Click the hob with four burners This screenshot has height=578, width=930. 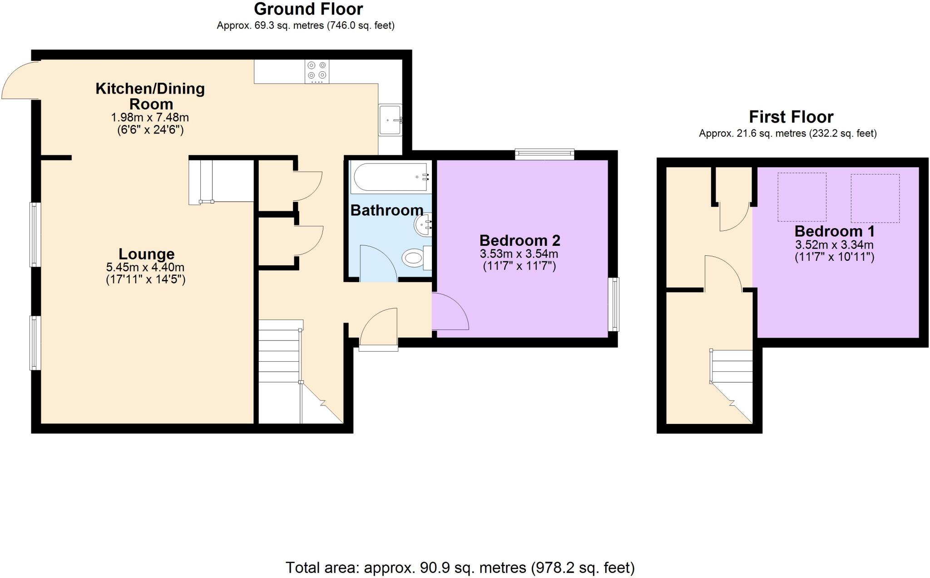pyautogui.click(x=317, y=71)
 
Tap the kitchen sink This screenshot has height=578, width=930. pyautogui.click(x=390, y=120)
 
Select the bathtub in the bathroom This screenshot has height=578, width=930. pyautogui.click(x=391, y=177)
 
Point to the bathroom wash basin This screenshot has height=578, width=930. pyautogui.click(x=423, y=224)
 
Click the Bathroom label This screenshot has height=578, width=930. pyautogui.click(x=386, y=210)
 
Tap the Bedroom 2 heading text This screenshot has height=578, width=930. pyautogui.click(x=519, y=240)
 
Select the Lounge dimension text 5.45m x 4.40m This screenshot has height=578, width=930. pyautogui.click(x=145, y=267)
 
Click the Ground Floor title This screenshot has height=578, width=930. pyautogui.click(x=308, y=9)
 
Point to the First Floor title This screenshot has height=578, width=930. pyautogui.click(x=791, y=117)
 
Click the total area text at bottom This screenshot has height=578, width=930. pyautogui.click(x=460, y=568)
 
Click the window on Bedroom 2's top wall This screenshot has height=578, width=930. pyautogui.click(x=544, y=154)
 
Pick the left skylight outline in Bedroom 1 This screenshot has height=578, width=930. pyautogui.click(x=801, y=197)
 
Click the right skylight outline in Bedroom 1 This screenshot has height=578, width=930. pyautogui.click(x=875, y=198)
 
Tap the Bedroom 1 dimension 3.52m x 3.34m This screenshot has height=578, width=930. pyautogui.click(x=834, y=245)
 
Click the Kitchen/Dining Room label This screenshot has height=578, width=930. pyautogui.click(x=150, y=96)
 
